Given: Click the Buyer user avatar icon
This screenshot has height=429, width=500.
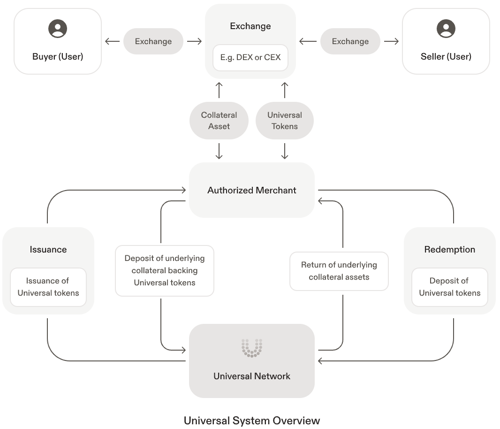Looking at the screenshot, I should (58, 29).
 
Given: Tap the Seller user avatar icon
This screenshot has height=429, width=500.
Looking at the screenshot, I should (446, 29).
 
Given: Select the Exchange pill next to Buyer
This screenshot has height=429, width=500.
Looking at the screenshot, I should (153, 41).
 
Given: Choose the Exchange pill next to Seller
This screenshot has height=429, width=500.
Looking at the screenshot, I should (350, 41).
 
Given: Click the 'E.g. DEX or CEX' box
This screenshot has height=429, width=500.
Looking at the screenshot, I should (250, 58).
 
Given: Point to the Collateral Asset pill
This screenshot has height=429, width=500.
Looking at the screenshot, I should (219, 121).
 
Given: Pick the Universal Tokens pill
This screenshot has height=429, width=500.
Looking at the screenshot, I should (284, 121).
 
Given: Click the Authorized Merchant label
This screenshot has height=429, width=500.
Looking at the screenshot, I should (252, 191).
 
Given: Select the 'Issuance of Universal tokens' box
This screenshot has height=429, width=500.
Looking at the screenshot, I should (48, 287).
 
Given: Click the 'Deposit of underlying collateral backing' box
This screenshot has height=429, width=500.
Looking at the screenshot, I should (165, 270).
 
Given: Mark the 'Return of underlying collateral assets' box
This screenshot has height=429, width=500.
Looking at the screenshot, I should (339, 271).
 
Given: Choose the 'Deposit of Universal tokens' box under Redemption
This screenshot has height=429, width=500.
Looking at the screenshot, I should (450, 287).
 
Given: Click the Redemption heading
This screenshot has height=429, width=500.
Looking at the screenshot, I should (450, 250).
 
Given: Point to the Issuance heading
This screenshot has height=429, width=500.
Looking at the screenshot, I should (48, 250).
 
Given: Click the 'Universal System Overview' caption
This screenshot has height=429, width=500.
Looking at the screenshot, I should (252, 421).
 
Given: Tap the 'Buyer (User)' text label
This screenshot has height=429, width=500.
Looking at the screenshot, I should (58, 57).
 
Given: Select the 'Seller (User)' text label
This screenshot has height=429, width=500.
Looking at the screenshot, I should (446, 57).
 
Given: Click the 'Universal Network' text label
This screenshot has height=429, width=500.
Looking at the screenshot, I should (252, 376).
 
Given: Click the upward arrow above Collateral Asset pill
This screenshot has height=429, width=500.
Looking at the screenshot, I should (219, 90).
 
